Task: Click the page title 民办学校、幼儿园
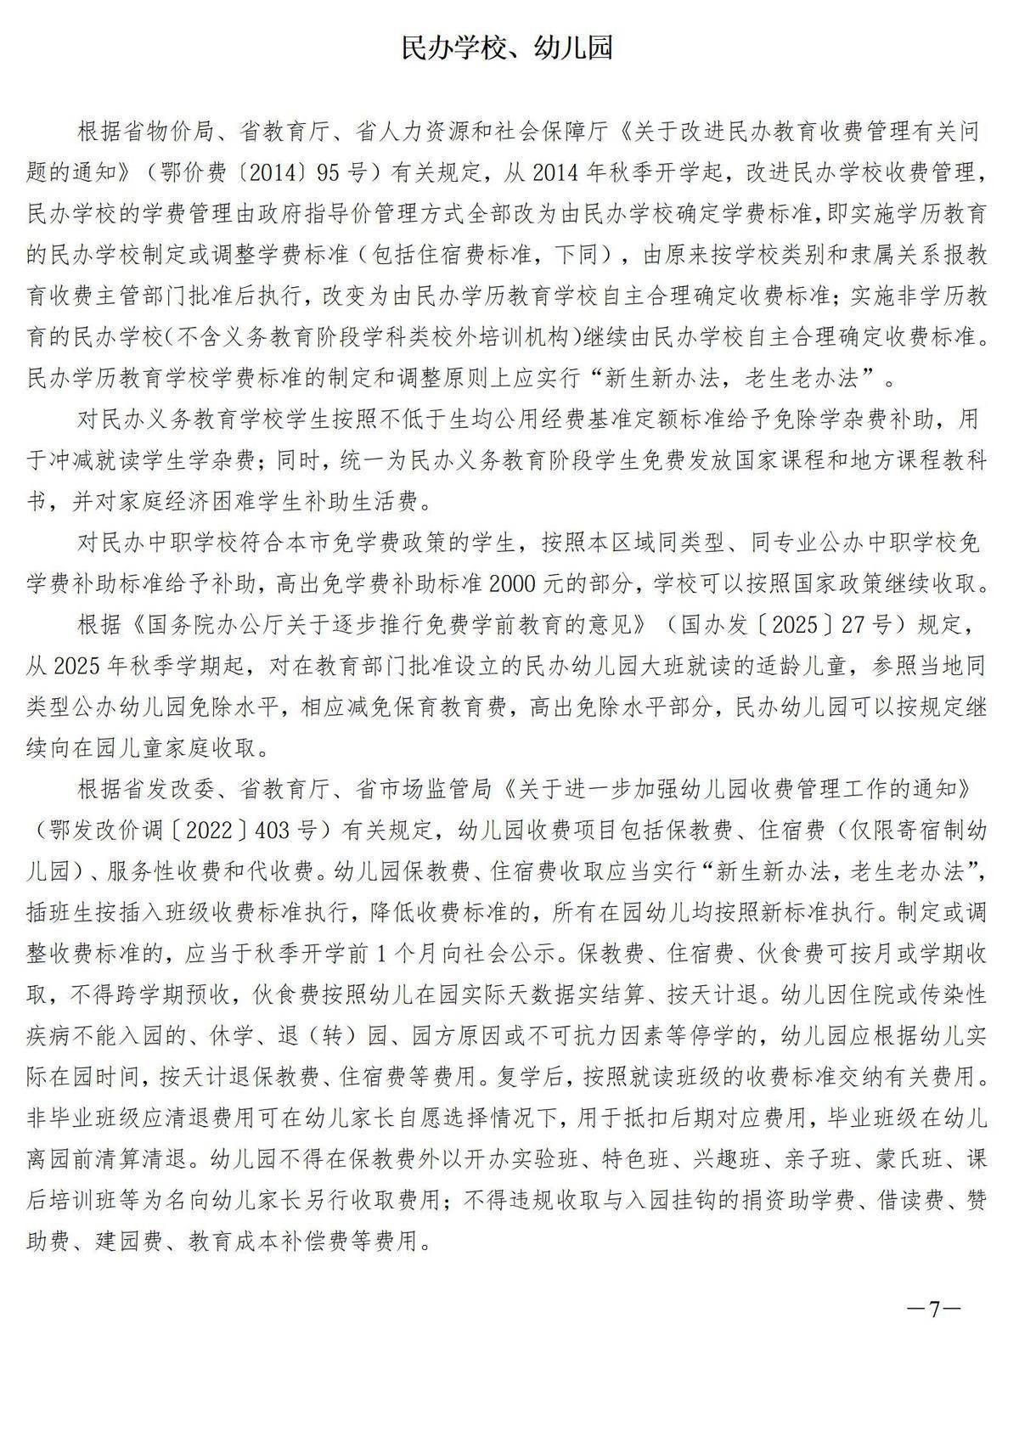click(507, 48)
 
